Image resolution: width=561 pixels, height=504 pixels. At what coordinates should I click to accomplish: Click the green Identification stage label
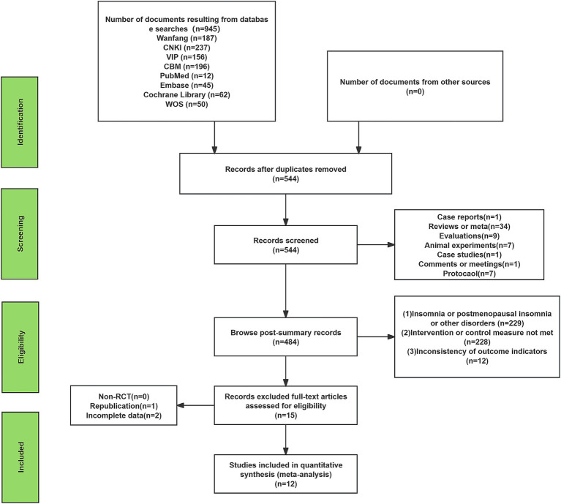pyautogui.click(x=20, y=122)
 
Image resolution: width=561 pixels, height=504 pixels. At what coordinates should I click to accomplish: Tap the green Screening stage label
pyautogui.click(x=20, y=233)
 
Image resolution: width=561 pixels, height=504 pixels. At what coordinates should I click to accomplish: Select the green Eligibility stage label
pyautogui.click(x=20, y=347)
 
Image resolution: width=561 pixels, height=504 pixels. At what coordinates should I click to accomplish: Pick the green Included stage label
pyautogui.click(x=20, y=457)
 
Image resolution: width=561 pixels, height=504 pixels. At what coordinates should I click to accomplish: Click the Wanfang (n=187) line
pyautogui.click(x=187, y=38)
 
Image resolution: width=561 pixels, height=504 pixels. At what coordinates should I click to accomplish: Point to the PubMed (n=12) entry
pyautogui.click(x=187, y=76)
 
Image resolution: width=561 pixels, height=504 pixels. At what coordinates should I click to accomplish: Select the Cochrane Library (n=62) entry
pyautogui.click(x=187, y=95)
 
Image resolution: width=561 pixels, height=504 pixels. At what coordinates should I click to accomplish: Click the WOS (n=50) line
pyautogui.click(x=187, y=104)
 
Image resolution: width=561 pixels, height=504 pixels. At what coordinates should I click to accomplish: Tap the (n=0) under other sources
pyautogui.click(x=415, y=91)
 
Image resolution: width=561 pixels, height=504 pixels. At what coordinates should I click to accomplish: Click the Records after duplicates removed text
pyautogui.click(x=285, y=169)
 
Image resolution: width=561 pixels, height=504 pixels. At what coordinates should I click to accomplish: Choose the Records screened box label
pyautogui.click(x=285, y=241)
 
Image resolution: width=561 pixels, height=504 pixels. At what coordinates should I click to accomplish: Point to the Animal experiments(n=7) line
pyautogui.click(x=469, y=245)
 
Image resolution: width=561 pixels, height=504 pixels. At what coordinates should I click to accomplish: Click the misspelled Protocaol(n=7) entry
pyautogui.click(x=469, y=274)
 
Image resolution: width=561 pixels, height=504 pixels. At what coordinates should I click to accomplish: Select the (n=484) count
pyautogui.click(x=285, y=342)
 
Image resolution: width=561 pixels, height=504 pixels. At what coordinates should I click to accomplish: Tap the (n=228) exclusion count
pyautogui.click(x=478, y=342)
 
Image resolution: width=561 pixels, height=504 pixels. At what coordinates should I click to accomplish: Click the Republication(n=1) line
pyautogui.click(x=124, y=406)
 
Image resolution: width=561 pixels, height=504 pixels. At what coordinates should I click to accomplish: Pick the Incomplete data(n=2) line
pyautogui.click(x=124, y=415)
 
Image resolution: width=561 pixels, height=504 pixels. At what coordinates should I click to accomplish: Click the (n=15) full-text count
pyautogui.click(x=285, y=415)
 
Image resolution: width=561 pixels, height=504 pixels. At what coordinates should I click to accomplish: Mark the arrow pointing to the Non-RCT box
pyautogui.click(x=196, y=405)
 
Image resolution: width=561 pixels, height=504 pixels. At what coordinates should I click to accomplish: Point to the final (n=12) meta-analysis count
pyautogui.click(x=285, y=484)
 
